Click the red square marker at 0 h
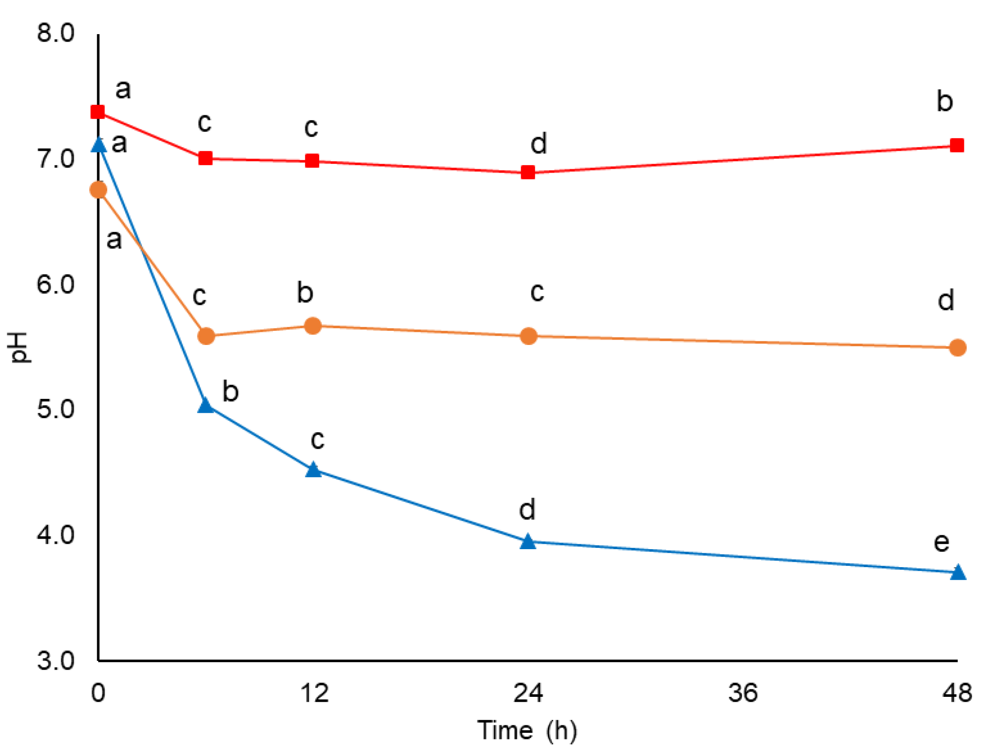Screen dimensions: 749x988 pyautogui.click(x=97, y=111)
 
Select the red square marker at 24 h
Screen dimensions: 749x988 pyautogui.click(x=528, y=172)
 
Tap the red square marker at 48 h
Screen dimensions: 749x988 pyautogui.click(x=957, y=145)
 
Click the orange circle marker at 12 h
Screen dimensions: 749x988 pyautogui.click(x=313, y=326)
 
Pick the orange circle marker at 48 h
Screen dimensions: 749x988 pyautogui.click(x=957, y=348)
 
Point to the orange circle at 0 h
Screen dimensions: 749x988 pyautogui.click(x=98, y=190)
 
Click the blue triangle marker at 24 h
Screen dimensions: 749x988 pyautogui.click(x=528, y=542)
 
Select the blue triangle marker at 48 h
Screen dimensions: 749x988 pyautogui.click(x=958, y=572)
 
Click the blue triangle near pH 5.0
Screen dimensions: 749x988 pyautogui.click(x=205, y=405)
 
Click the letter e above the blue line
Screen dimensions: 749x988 pyautogui.click(x=942, y=542)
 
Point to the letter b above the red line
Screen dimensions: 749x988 pyautogui.click(x=944, y=101)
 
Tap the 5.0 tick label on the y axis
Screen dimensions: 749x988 pyautogui.click(x=55, y=409)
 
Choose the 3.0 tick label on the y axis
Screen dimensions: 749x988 pyautogui.click(x=55, y=660)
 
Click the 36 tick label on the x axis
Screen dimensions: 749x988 pyautogui.click(x=743, y=693)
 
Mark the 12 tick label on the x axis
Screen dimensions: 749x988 pyautogui.click(x=314, y=693)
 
